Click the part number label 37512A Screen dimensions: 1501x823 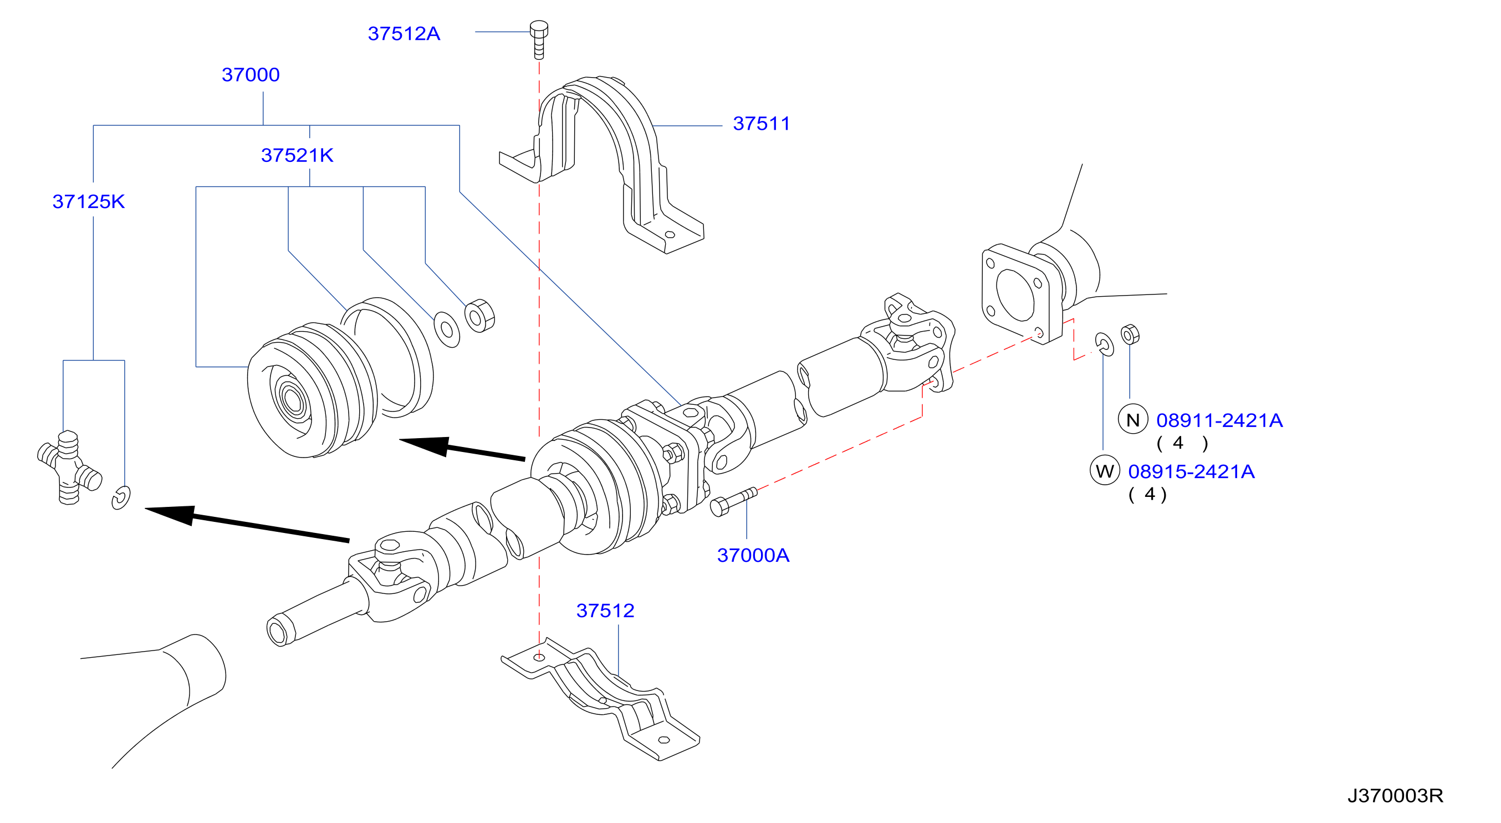click(x=404, y=34)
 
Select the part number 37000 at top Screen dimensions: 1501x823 click(x=251, y=75)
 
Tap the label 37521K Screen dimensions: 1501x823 click(x=297, y=155)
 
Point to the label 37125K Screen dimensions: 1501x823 click(x=89, y=202)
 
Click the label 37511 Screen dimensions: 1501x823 click(x=761, y=124)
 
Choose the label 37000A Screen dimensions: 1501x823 click(x=753, y=556)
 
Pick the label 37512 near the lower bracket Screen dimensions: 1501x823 click(x=605, y=611)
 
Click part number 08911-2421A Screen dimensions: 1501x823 click(x=1219, y=420)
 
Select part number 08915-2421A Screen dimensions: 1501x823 click(x=1191, y=471)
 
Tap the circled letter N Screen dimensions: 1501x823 click(x=1133, y=420)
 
